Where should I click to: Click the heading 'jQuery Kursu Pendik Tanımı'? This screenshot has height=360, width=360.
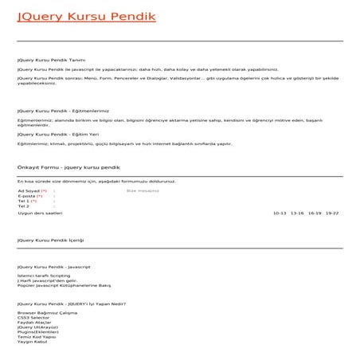tap(51, 60)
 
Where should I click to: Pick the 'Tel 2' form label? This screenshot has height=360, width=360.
tap(24, 206)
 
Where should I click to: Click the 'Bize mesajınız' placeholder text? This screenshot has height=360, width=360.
tap(143, 191)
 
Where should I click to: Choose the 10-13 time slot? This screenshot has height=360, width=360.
tap(279, 213)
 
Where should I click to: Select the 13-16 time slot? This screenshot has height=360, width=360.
tap(297, 213)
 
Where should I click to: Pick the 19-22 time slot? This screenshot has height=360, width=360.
tap(332, 213)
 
